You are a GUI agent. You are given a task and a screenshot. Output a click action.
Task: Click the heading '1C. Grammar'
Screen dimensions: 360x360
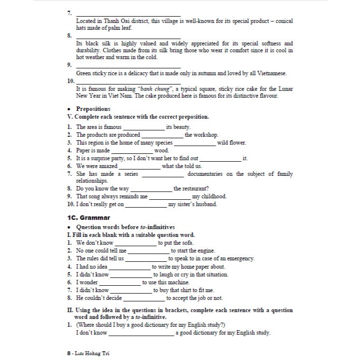click(88, 217)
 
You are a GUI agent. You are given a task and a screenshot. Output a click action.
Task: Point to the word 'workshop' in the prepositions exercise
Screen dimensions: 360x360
click(206, 135)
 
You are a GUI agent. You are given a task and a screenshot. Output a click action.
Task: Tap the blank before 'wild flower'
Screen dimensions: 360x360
click(194, 143)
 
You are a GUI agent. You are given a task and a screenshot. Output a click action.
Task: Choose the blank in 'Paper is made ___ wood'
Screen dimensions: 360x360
click(131, 151)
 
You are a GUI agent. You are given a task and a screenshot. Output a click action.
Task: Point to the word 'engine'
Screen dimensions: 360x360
click(204, 251)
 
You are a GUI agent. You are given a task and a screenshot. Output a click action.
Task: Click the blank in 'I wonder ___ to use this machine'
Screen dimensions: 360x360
click(119, 283)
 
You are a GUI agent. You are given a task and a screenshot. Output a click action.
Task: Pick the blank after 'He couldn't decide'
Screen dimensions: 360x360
click(144, 298)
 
